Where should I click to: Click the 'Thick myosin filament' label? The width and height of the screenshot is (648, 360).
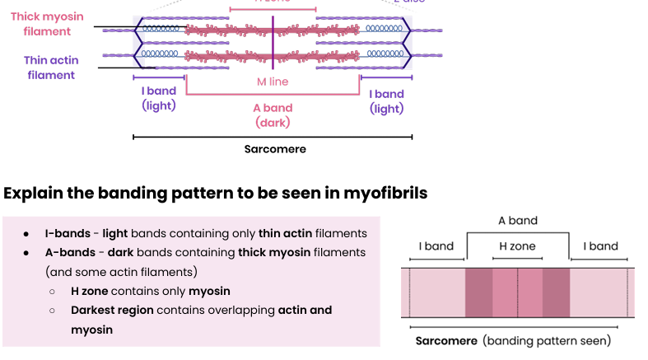pos(41,24)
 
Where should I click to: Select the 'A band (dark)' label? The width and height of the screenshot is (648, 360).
pos(273,115)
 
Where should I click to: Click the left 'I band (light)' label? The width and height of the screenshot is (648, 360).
pos(158,98)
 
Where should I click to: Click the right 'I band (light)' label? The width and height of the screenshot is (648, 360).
pos(386,101)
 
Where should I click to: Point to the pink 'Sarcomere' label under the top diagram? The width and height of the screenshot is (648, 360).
pos(275,149)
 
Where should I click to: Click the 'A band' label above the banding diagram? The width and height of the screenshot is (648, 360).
pos(518,221)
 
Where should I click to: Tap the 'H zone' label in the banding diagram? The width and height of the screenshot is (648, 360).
pos(517,246)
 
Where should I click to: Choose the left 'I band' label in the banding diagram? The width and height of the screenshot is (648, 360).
pos(436,246)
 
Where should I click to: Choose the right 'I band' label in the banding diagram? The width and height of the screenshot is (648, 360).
pos(601,246)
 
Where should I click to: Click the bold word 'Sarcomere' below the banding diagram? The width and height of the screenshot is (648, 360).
pos(445,340)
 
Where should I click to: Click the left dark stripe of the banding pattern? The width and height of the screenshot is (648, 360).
pos(479,292)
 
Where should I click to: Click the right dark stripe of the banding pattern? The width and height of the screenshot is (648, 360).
pos(556,292)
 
